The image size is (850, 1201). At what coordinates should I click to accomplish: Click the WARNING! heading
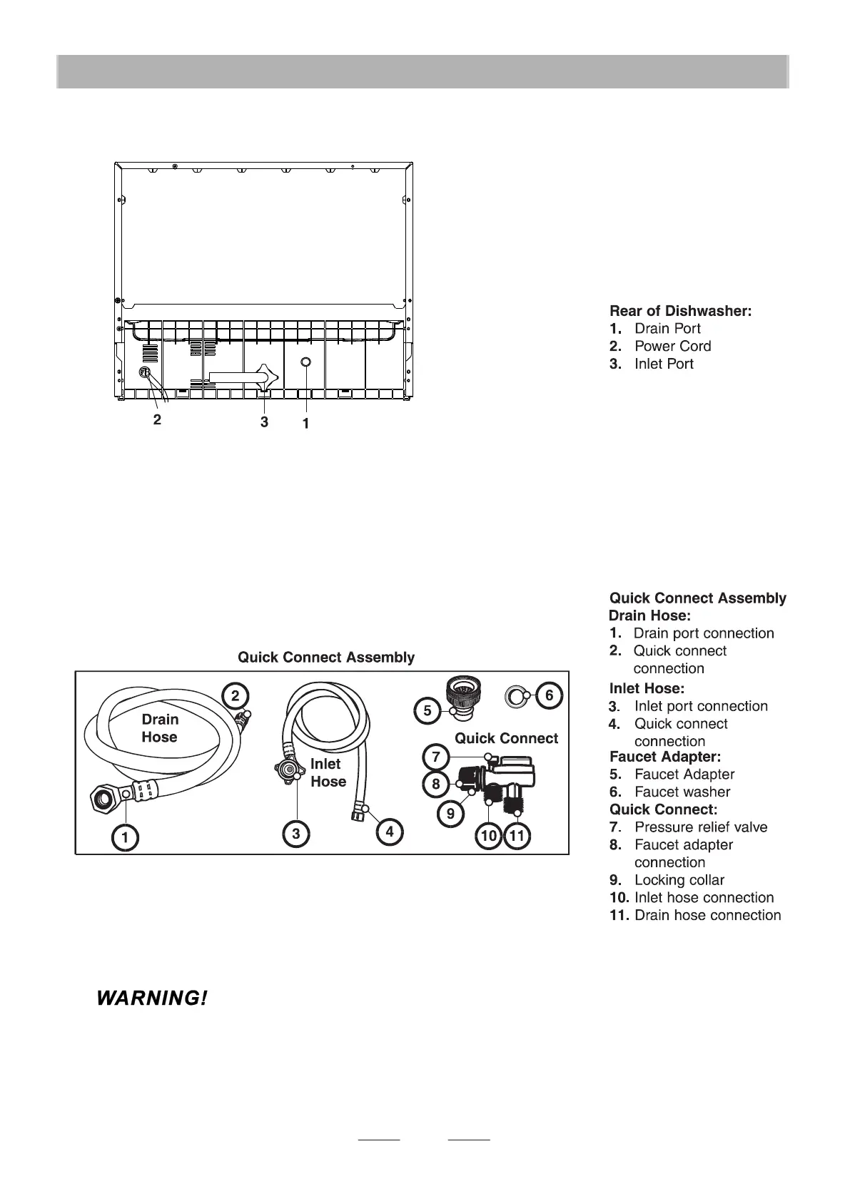tap(152, 998)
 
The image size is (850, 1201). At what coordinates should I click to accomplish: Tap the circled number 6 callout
tap(549, 695)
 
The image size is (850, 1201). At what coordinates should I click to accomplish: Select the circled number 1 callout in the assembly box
tap(126, 838)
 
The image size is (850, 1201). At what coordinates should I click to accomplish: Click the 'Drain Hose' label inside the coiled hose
tap(160, 728)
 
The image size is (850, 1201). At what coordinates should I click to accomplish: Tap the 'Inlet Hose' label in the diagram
tap(328, 772)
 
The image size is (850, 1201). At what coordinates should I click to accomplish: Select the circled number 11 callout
tap(517, 836)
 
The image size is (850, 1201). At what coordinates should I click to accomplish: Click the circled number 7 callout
tap(436, 755)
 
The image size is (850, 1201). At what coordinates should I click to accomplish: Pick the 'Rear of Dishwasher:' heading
tap(680, 311)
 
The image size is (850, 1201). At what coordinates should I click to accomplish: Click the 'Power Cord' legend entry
tap(672, 346)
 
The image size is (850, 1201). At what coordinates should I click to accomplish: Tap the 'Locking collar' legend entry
tap(679, 880)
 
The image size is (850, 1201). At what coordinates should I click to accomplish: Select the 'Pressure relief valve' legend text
tap(700, 827)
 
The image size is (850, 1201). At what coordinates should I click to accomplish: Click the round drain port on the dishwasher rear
tap(305, 362)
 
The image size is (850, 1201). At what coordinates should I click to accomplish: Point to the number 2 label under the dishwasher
tap(157, 419)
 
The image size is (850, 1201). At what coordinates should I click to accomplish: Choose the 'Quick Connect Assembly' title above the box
tap(326, 657)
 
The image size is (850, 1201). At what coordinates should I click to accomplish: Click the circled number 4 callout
tap(390, 832)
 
